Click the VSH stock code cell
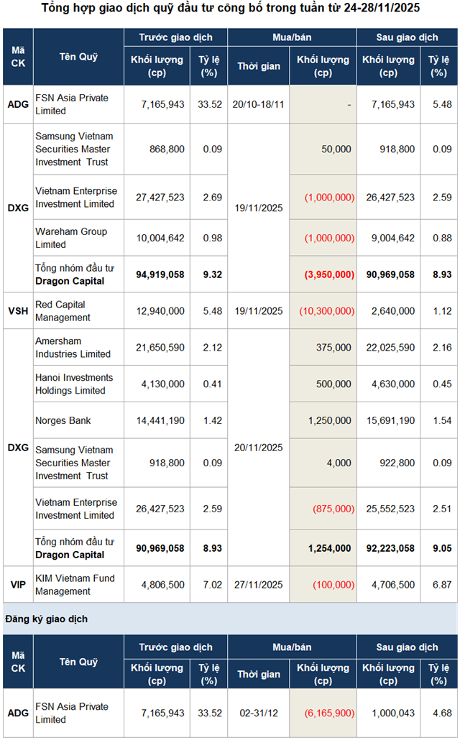(x=18, y=310)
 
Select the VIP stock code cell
(x=18, y=585)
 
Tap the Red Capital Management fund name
(x=63, y=310)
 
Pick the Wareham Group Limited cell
(x=71, y=238)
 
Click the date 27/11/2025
(x=259, y=585)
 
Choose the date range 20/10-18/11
(x=259, y=104)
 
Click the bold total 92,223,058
(x=388, y=548)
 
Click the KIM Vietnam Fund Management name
(x=75, y=585)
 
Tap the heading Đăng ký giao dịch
(x=47, y=618)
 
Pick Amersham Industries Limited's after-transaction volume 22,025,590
(x=388, y=347)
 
